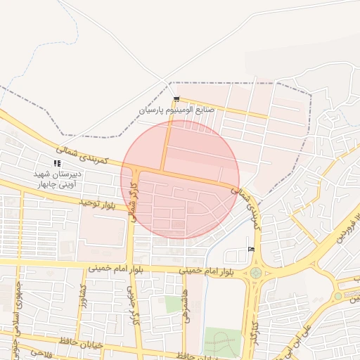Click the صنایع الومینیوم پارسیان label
pyautogui.click(x=176, y=110)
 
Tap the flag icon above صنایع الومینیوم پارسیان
pyautogui.click(x=176, y=99)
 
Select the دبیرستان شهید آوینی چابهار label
pyautogui.click(x=60, y=178)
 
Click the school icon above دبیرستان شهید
pyautogui.click(x=57, y=163)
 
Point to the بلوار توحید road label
pyautogui.click(x=103, y=203)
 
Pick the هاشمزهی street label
pyautogui.click(x=194, y=305)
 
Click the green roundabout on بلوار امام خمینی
pyautogui.click(x=255, y=273)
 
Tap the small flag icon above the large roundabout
pyautogui.click(x=251, y=249)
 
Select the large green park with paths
pyautogui.click(x=222, y=342)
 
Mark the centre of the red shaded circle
pyautogui.click(x=180, y=179)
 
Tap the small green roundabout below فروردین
pyautogui.click(x=337, y=296)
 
